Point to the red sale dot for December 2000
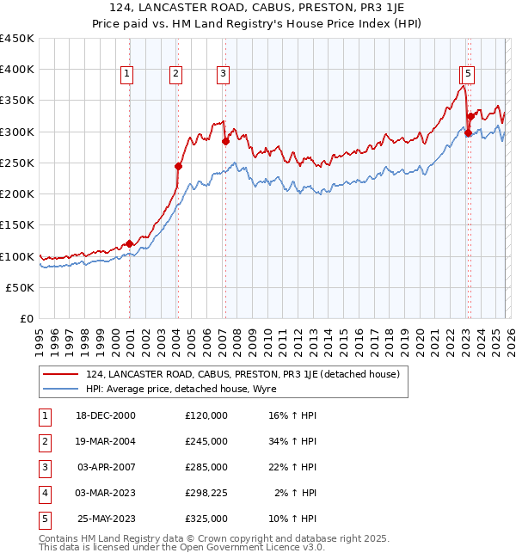pos(129,243)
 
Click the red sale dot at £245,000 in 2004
pos(178,166)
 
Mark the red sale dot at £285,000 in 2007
pos(224,141)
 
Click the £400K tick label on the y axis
pos(17,70)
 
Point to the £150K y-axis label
pos(17,225)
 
